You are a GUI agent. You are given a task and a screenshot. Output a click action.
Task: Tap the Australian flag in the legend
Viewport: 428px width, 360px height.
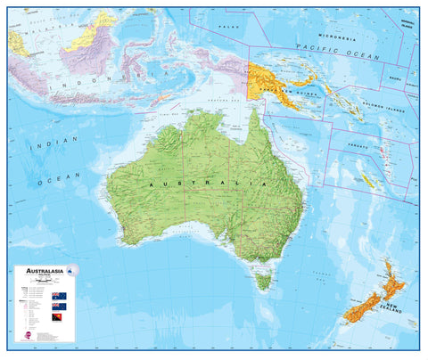pos(59,295)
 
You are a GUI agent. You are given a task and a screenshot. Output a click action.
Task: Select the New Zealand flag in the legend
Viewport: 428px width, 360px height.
pos(59,306)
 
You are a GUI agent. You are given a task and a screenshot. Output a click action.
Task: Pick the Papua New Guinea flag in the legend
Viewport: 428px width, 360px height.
pos(59,317)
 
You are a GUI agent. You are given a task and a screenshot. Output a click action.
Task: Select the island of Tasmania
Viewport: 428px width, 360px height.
pos(262,282)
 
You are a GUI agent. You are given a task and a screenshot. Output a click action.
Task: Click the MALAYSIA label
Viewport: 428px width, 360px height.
pos(37,28)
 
